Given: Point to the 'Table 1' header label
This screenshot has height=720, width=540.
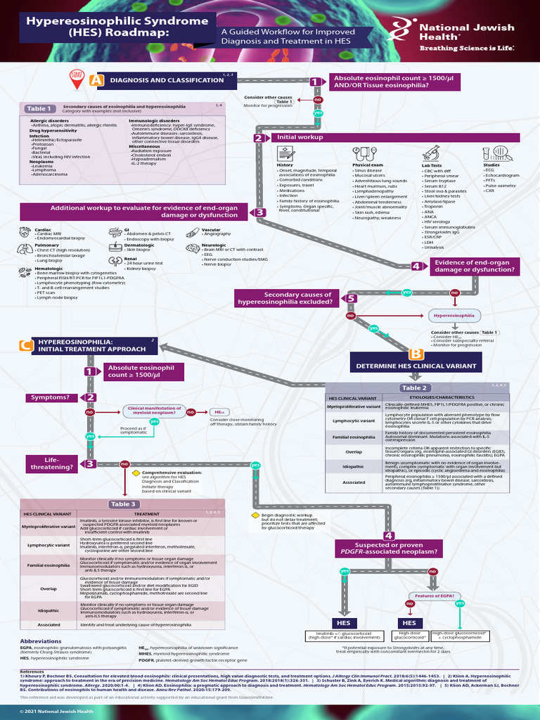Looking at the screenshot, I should tap(39, 108).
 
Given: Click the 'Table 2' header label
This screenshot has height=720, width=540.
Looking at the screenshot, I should tap(413, 387).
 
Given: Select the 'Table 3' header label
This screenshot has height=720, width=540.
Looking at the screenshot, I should tap(122, 504).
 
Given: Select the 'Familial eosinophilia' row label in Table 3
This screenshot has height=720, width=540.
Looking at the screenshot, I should tap(49, 565).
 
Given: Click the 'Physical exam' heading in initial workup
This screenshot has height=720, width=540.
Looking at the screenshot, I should tap(364, 165).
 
